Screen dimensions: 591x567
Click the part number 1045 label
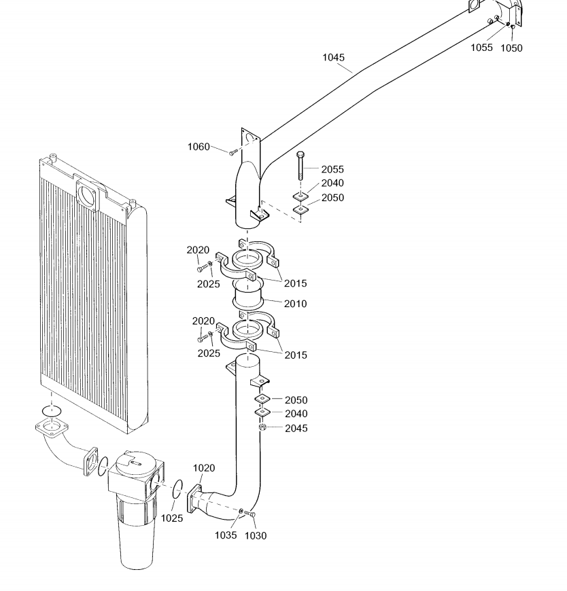click(x=334, y=58)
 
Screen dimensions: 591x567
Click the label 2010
click(x=296, y=304)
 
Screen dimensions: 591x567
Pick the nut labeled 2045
click(x=262, y=427)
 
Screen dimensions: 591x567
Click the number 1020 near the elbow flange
click(x=204, y=468)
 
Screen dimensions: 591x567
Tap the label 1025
click(x=172, y=518)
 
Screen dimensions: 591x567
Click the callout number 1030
click(x=256, y=535)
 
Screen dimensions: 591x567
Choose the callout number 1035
click(x=226, y=535)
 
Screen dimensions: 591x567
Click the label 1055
click(x=482, y=48)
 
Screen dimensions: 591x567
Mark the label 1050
click(x=511, y=48)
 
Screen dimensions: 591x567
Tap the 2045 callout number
click(x=296, y=429)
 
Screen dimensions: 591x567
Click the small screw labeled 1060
click(x=233, y=152)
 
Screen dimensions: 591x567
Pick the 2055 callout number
click(x=332, y=168)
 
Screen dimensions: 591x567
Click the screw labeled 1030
click(x=250, y=514)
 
